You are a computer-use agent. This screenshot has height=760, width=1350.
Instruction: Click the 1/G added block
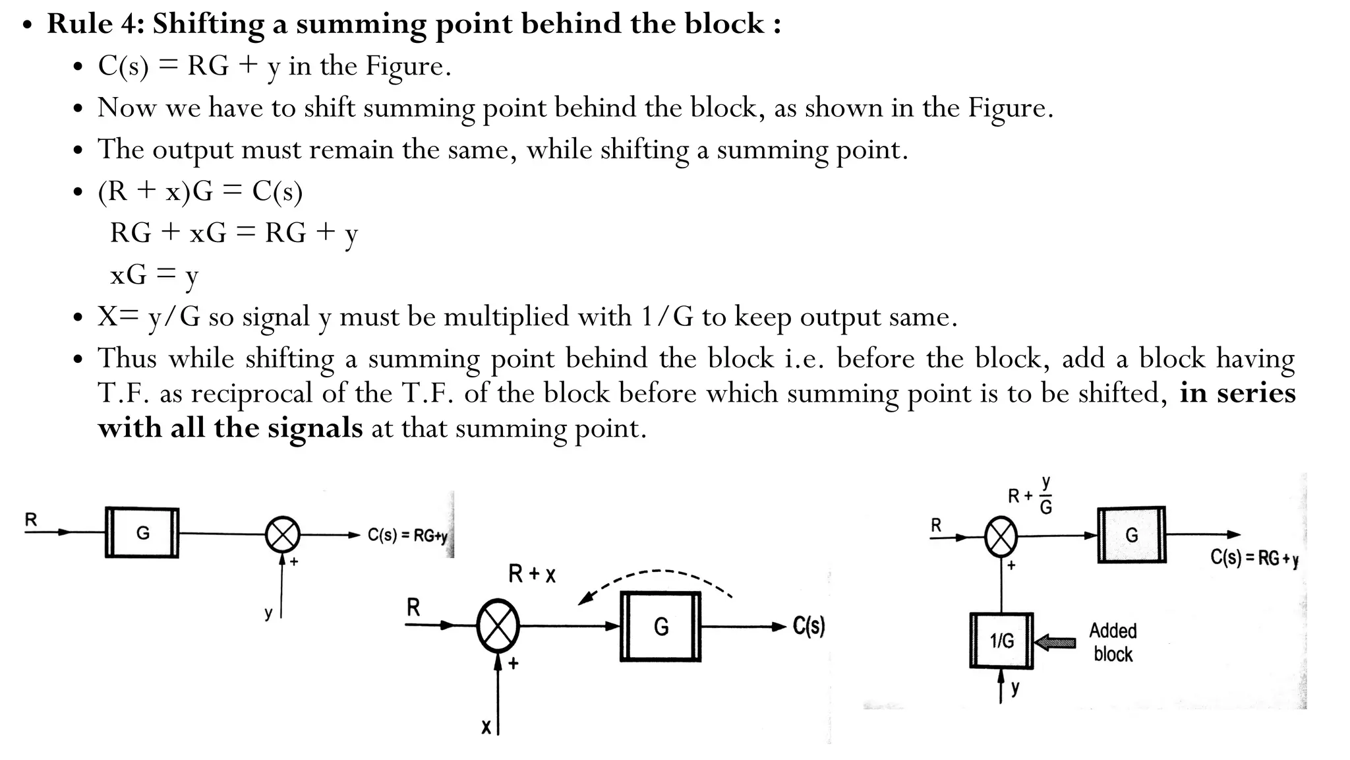tap(1001, 641)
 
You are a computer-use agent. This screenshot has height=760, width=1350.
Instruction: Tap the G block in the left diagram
tap(142, 532)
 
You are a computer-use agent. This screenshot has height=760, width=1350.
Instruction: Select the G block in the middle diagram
tap(660, 626)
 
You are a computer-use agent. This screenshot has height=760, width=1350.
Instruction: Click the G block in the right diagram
tap(1131, 535)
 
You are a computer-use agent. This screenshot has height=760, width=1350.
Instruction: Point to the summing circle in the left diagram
tap(283, 534)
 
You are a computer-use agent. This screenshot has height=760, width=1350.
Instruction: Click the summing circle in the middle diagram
tap(498, 626)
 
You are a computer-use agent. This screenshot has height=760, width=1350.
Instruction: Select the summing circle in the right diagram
tap(1001, 536)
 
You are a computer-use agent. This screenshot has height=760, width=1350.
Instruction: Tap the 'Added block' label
tap(1113, 642)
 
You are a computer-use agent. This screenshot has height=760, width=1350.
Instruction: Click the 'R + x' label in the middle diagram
tap(532, 574)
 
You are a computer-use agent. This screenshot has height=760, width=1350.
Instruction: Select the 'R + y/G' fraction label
tap(1031, 495)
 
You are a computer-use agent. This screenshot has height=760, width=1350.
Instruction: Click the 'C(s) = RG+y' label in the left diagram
tap(407, 535)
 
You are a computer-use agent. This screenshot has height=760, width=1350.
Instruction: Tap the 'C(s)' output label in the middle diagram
tap(808, 625)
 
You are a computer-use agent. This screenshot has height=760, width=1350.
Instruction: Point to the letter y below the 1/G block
tap(1015, 688)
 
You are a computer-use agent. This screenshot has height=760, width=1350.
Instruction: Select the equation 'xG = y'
tap(154, 274)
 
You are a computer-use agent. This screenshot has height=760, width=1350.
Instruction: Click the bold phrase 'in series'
tap(1237, 393)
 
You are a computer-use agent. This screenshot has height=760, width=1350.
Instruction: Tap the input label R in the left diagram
tap(31, 520)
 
